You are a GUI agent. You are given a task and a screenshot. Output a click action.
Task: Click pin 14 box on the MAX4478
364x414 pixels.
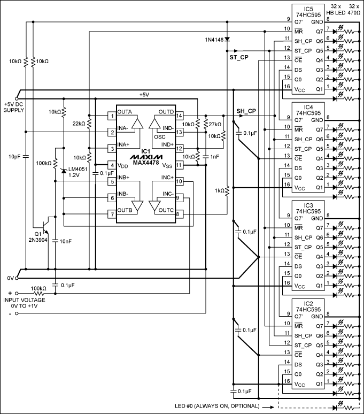click(x=180, y=116)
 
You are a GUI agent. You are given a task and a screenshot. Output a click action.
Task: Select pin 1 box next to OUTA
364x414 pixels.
click(x=112, y=116)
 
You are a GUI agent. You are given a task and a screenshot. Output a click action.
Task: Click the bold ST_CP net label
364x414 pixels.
click(x=238, y=57)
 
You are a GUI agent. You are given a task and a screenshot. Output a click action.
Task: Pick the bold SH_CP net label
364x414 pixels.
click(x=246, y=111)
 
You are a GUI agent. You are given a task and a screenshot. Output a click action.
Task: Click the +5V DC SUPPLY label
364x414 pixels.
click(x=13, y=107)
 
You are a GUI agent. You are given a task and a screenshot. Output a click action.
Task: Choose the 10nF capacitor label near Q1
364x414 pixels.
click(x=65, y=242)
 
